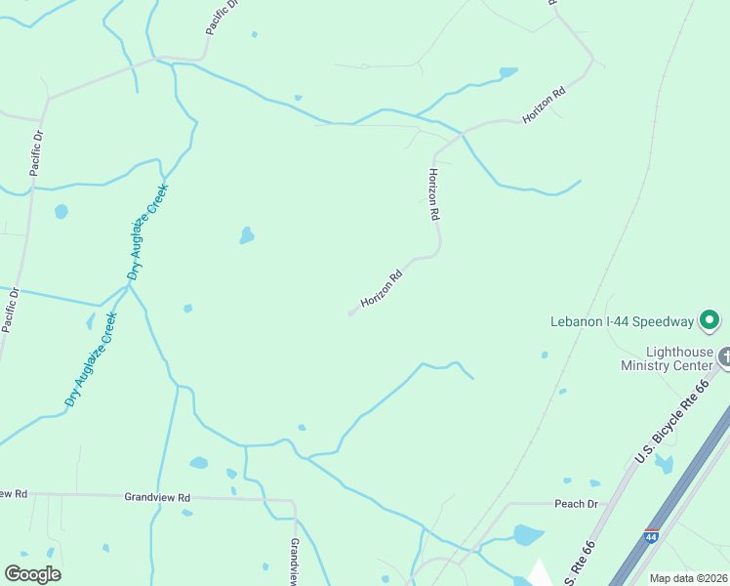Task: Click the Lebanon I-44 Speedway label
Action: pos(621,320)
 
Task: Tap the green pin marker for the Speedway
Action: pos(710,319)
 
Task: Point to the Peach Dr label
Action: pos(575,504)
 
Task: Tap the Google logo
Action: pos(32,574)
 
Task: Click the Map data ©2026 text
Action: pos(688,578)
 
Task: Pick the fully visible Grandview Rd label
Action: pos(156,497)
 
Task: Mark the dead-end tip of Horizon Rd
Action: pos(350,314)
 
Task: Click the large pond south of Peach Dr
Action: pos(527,535)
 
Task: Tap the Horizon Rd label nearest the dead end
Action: pos(382,290)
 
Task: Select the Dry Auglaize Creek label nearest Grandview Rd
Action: pos(91,358)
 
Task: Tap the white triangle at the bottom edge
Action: pos(538,573)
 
